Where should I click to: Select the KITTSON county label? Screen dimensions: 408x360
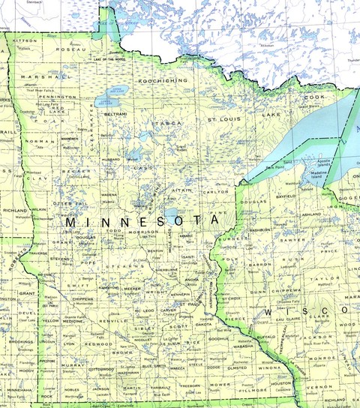[25, 40]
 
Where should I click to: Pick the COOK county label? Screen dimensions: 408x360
[313, 97]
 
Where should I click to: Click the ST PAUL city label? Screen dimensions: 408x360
[197, 304]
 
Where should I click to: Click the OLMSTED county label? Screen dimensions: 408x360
[236, 368]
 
